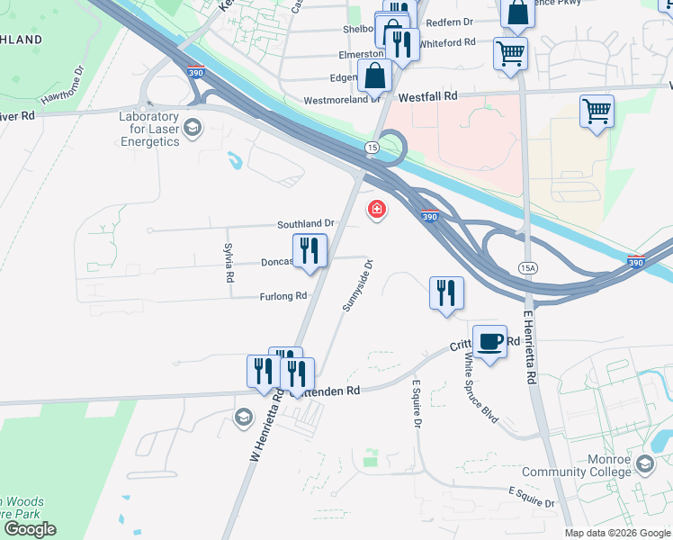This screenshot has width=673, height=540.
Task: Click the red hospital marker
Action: pos(376,210)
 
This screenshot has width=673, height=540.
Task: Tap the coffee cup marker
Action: pos(489,342)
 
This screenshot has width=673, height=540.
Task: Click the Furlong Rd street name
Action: pos(283,296)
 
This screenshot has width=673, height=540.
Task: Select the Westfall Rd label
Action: pos(428,95)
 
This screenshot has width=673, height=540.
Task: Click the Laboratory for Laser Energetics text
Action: pos(150,129)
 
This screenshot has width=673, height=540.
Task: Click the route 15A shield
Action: pos(528,267)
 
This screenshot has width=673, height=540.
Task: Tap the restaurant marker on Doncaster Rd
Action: pos(309,251)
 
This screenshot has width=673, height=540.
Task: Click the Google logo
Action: pos(30,529)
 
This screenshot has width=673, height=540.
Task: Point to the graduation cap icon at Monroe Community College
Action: pos(643,463)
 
